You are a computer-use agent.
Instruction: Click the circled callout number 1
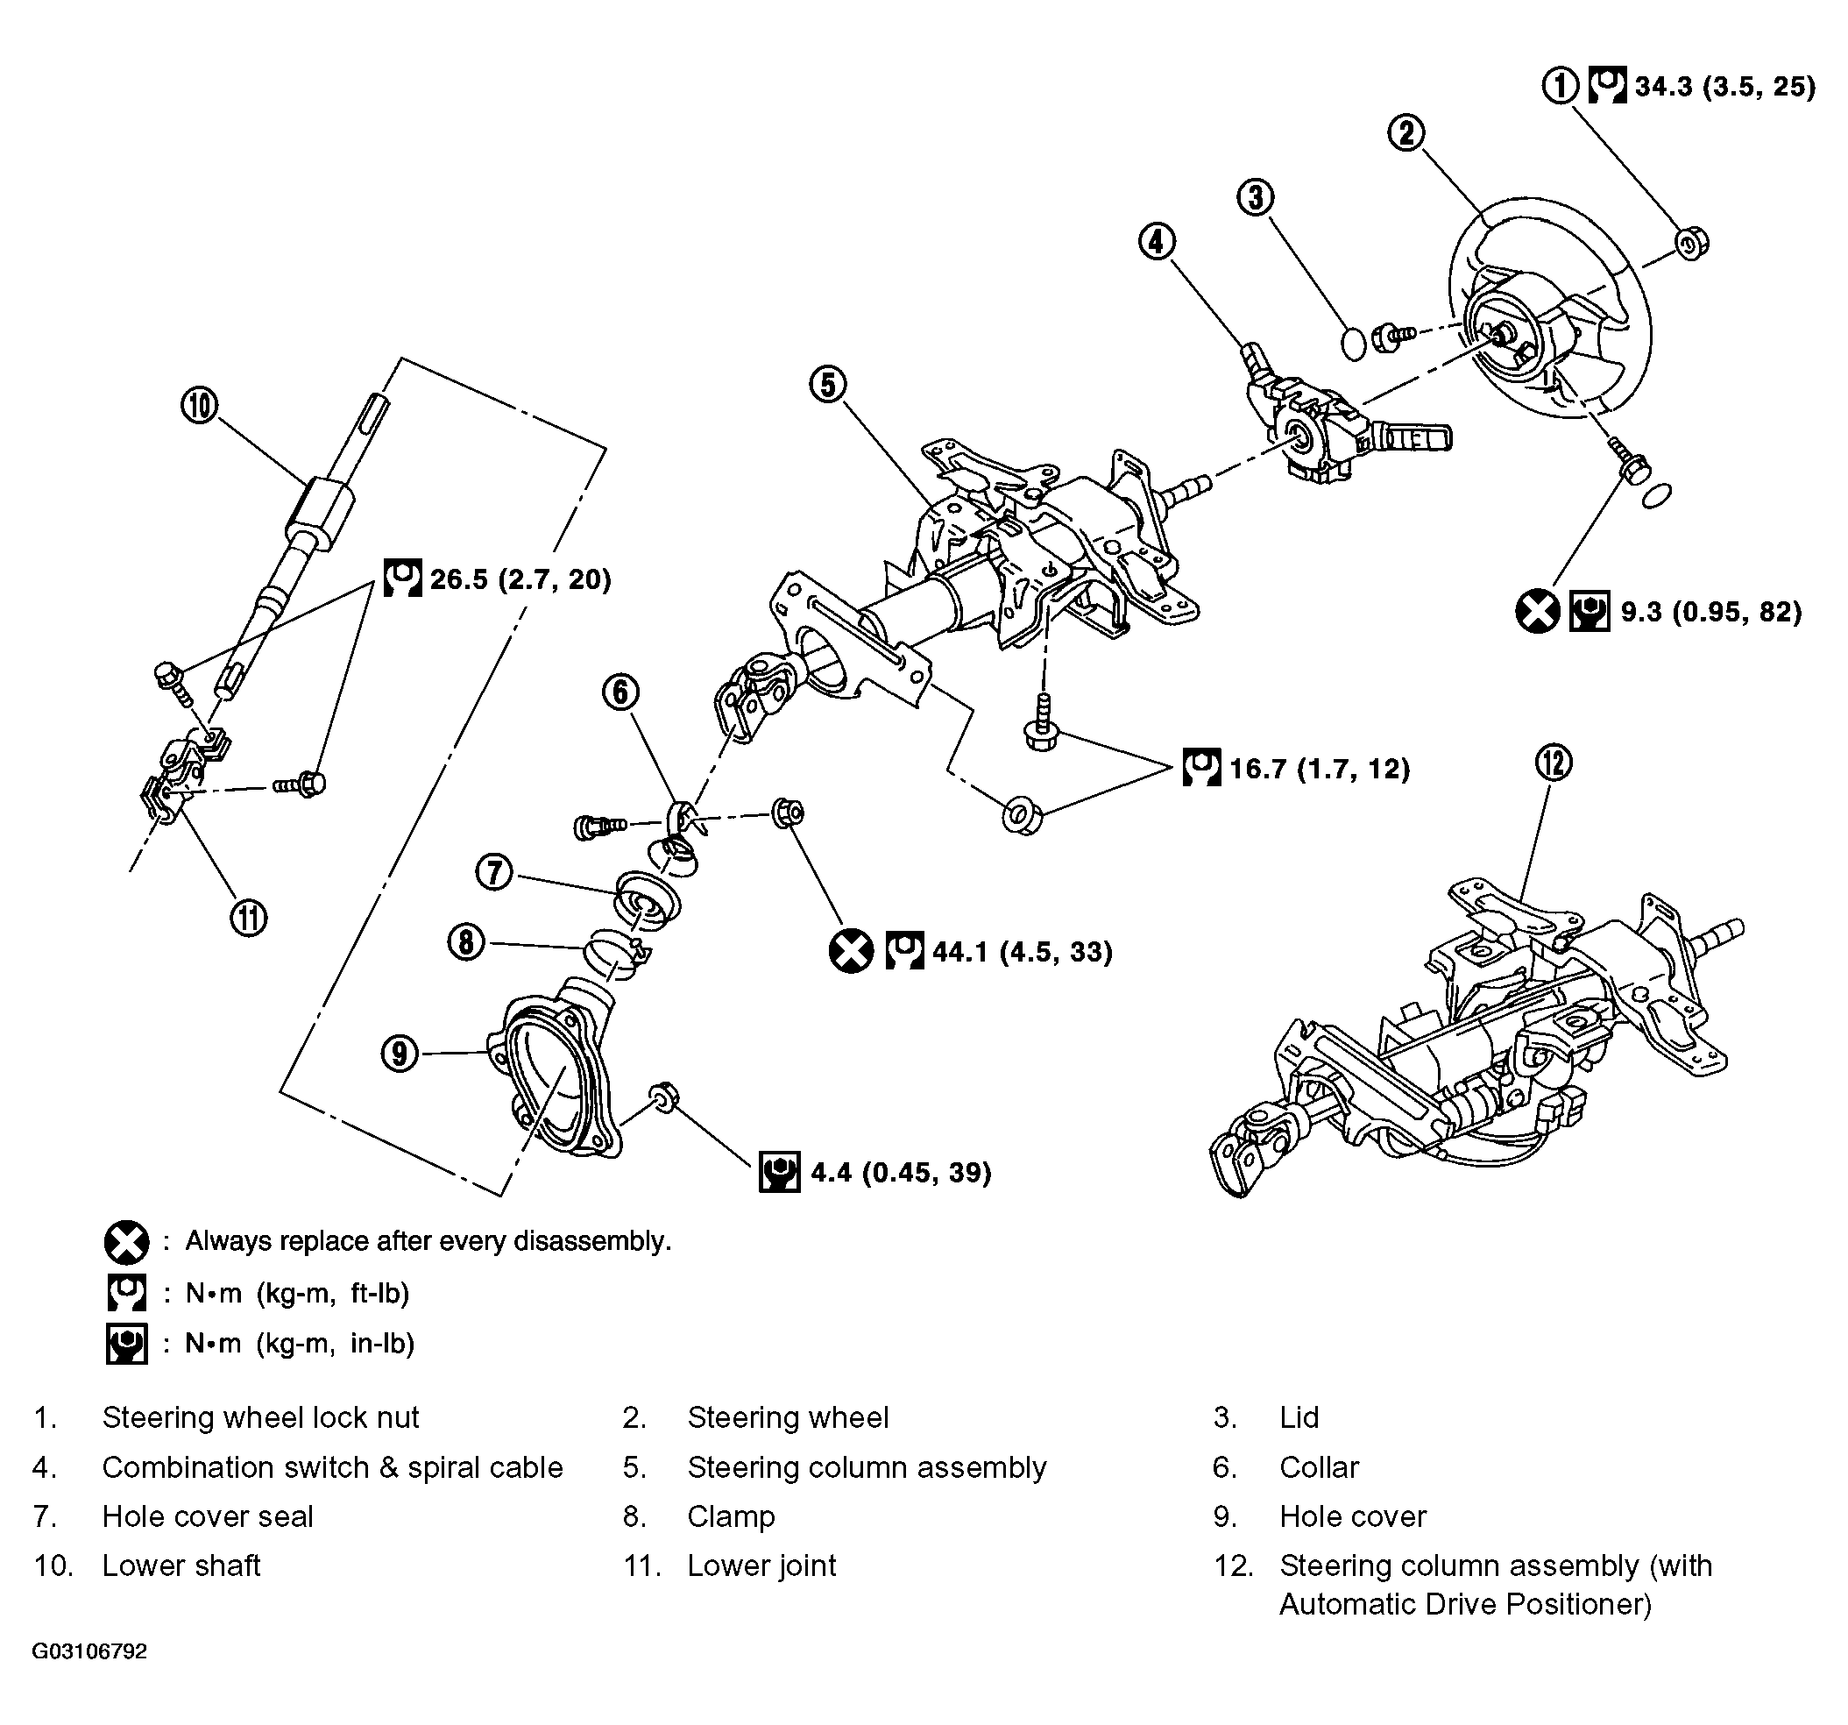1561,86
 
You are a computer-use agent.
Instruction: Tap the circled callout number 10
199,406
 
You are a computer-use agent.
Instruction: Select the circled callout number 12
1554,763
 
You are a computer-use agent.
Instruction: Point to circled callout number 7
494,872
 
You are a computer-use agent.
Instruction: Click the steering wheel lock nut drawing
1692,244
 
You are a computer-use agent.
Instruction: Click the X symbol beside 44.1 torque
851,950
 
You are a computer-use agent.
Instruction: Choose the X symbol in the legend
126,1241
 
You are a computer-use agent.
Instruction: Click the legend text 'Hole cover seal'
208,1516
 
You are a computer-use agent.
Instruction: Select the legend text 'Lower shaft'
181,1566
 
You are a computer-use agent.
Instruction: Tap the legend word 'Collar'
1318,1467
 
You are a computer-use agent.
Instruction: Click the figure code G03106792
89,1651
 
